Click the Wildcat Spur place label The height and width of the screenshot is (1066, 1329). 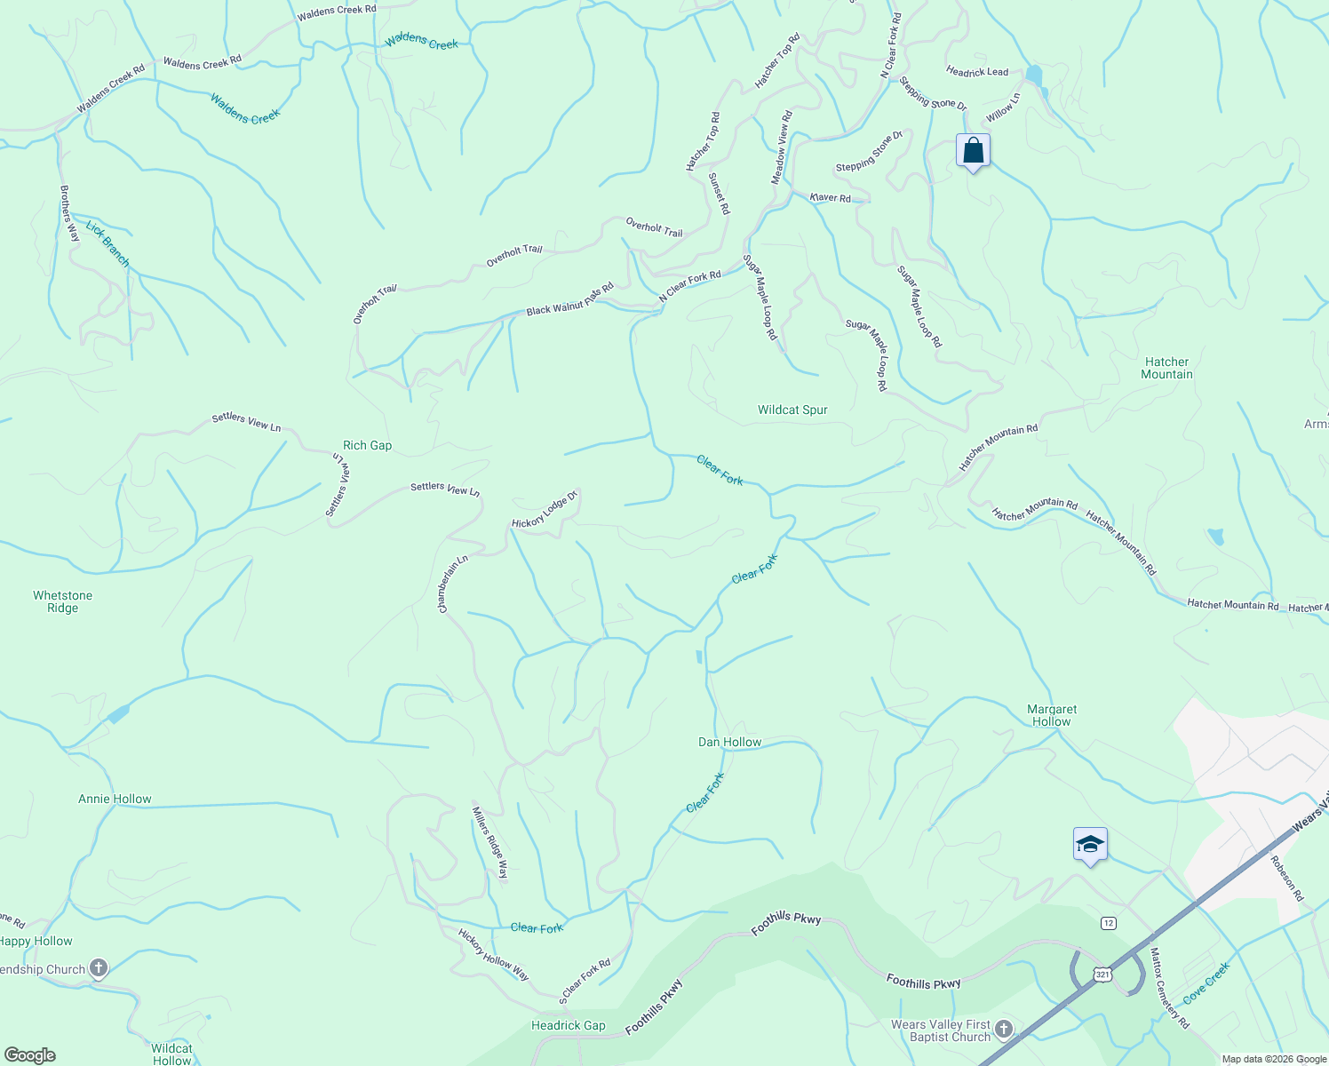(792, 410)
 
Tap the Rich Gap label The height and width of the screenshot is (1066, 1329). (367, 446)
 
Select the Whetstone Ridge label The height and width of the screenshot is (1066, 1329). (62, 602)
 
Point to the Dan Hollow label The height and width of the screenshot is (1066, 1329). (729, 743)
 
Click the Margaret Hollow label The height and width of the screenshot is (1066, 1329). (1052, 716)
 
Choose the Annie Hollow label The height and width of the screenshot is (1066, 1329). (115, 799)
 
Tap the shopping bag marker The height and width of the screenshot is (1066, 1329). (973, 151)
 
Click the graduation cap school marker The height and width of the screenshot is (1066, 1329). (1090, 845)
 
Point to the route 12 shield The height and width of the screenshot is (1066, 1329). (1108, 923)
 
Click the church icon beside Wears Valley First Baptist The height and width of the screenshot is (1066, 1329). (1004, 1029)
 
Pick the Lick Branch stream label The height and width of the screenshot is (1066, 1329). (107, 244)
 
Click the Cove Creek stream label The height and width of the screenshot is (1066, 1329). (1206, 983)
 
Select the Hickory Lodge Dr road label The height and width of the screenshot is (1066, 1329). (545, 510)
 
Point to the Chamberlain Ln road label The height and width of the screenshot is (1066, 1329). (452, 584)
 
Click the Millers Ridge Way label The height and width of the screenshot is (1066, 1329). (489, 842)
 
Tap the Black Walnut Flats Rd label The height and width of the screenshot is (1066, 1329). (569, 300)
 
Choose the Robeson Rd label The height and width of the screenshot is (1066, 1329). (1285, 879)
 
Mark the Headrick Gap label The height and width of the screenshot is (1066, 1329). (568, 1026)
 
